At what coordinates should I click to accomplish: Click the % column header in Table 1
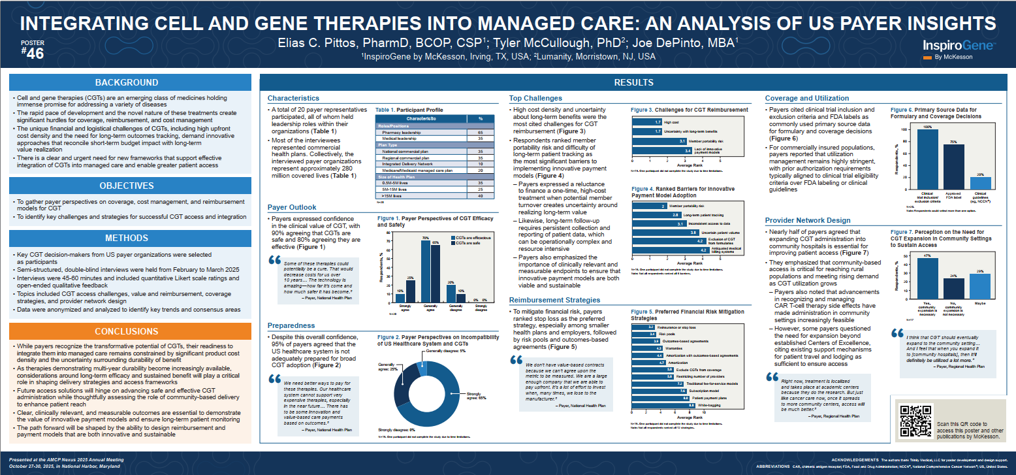tap(481, 119)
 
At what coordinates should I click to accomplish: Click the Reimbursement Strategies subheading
tap(555, 299)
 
